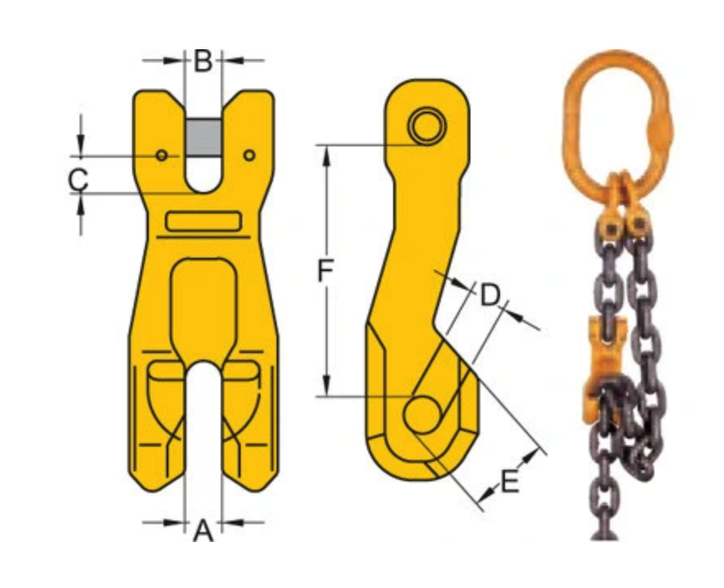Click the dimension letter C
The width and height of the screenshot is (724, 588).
coord(78,177)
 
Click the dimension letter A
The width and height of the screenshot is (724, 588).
coord(203,532)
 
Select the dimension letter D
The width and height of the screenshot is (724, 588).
coord(490,295)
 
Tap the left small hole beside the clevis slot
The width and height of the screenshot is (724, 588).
coord(162,155)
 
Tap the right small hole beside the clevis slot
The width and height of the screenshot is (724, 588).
coord(249,154)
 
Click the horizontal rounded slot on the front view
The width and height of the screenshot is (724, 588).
coord(203,222)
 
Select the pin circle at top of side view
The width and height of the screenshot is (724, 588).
coord(427,127)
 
